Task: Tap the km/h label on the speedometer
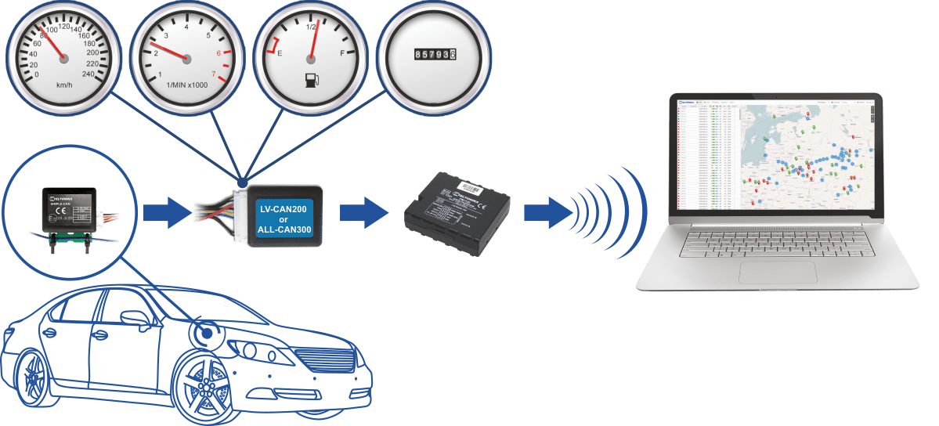click(64, 84)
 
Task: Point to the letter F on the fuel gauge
click(342, 54)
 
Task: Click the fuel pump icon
click(311, 80)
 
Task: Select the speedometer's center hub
click(63, 59)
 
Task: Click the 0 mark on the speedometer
click(37, 75)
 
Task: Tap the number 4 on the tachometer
click(186, 27)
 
